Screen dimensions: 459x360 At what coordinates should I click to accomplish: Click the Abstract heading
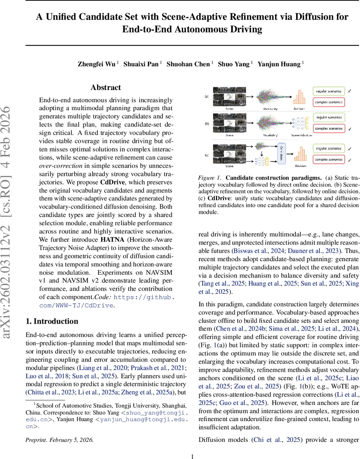(106, 88)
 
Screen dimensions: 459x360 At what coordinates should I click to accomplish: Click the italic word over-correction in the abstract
(59, 166)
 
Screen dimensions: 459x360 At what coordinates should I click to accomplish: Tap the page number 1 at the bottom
(193, 456)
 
